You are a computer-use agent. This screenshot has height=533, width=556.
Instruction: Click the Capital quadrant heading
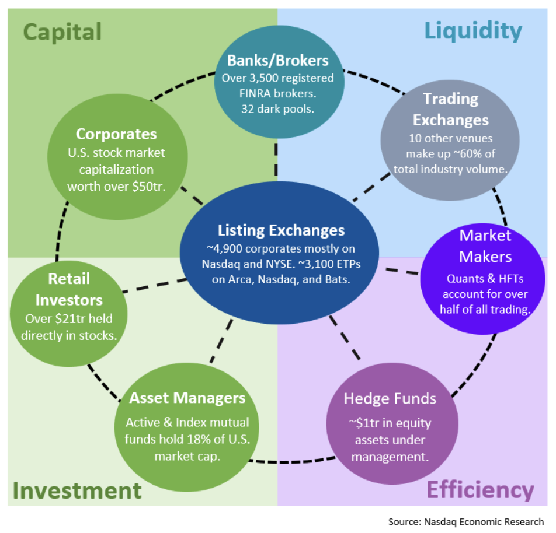click(x=62, y=33)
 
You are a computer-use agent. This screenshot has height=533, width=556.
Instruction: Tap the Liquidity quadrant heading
click(x=474, y=31)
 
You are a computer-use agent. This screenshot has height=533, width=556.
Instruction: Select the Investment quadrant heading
click(x=77, y=490)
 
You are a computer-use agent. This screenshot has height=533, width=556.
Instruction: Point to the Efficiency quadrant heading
click(x=481, y=490)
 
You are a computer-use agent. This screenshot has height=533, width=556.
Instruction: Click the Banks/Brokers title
click(x=277, y=61)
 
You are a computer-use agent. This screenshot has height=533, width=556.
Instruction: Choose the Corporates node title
click(x=116, y=134)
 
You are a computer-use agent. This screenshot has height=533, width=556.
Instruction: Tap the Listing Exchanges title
click(x=281, y=230)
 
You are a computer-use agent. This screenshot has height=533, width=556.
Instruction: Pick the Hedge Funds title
click(x=390, y=399)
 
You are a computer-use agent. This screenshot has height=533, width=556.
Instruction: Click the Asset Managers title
click(x=187, y=398)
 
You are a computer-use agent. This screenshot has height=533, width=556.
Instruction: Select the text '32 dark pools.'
click(x=277, y=109)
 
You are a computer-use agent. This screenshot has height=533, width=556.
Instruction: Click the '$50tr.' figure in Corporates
click(x=149, y=187)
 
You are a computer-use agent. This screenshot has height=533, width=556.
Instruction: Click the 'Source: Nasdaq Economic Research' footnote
click(x=466, y=522)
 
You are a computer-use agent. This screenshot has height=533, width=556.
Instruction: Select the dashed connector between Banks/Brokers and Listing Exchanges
click(x=276, y=160)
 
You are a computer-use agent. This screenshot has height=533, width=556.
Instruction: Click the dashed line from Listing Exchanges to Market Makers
click(x=402, y=271)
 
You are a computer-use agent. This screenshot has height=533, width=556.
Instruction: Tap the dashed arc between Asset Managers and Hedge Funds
click(x=292, y=462)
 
